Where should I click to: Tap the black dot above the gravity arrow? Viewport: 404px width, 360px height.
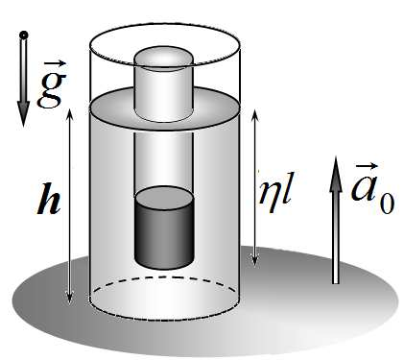pos(24,35)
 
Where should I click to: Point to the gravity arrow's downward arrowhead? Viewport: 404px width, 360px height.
pos(23,113)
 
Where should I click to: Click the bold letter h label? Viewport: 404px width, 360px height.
pos(48,199)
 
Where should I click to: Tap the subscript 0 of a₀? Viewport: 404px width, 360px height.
pos(387,204)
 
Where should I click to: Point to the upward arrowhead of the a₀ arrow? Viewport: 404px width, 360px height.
pos(336,174)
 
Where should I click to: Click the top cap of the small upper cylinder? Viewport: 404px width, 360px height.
pos(164,58)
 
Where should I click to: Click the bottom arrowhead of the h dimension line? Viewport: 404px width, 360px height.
pos(69,299)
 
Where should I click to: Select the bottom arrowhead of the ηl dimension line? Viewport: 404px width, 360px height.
pos(254,260)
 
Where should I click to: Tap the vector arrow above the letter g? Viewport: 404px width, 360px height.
pos(55,63)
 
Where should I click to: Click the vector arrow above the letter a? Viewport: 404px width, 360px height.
pos(367,166)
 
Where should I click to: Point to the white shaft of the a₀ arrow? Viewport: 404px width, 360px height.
pos(336,237)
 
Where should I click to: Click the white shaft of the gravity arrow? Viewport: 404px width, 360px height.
pos(24,70)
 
